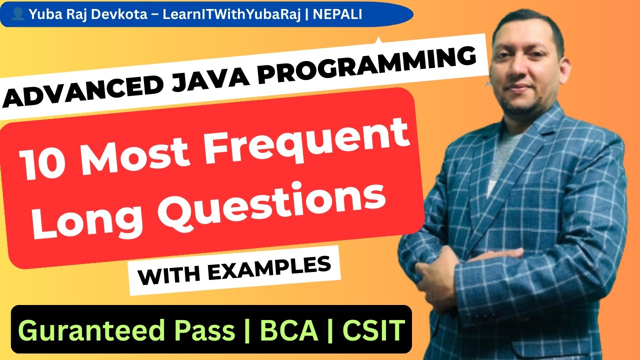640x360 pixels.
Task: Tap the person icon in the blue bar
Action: click(18, 15)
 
